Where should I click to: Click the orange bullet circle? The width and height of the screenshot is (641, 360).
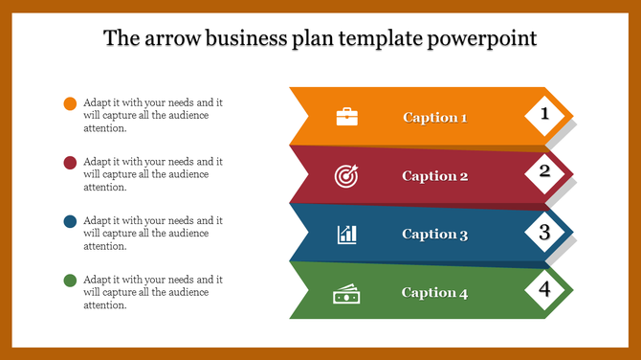click(x=70, y=103)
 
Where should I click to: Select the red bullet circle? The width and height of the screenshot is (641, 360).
click(x=70, y=163)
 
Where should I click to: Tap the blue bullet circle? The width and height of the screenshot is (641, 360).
click(x=70, y=221)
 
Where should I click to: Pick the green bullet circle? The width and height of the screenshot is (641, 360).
click(x=70, y=281)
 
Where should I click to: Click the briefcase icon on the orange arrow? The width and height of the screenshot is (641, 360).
click(x=346, y=117)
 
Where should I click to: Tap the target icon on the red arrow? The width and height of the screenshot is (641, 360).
click(x=346, y=175)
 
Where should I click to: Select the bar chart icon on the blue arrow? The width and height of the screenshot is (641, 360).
click(x=346, y=234)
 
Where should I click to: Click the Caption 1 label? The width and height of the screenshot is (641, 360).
click(x=434, y=118)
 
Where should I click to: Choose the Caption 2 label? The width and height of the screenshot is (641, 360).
click(x=434, y=176)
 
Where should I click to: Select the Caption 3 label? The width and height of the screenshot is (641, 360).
click(x=434, y=235)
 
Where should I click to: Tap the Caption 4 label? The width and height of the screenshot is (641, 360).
click(x=434, y=293)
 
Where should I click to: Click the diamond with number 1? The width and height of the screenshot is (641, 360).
click(x=545, y=115)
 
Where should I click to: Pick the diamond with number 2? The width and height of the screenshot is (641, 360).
click(x=545, y=172)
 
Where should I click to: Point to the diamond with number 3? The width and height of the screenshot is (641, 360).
click(x=545, y=232)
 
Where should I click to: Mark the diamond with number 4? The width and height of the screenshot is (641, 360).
click(x=545, y=289)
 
